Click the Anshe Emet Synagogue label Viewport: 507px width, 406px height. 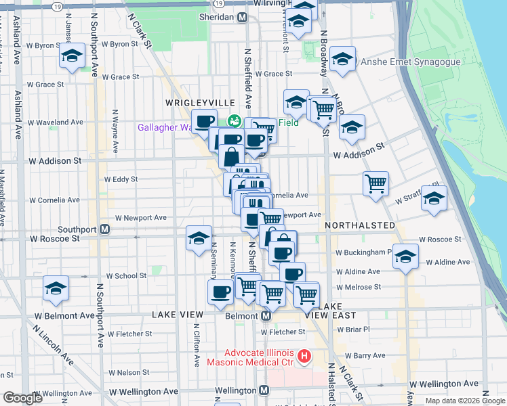(411, 62)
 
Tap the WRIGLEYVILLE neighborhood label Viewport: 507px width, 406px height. (191, 102)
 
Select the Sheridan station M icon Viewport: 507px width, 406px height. (242, 17)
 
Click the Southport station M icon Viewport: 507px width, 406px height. (105, 229)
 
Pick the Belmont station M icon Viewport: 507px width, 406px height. (266, 316)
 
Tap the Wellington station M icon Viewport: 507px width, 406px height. (264, 390)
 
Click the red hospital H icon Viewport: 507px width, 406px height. (304, 355)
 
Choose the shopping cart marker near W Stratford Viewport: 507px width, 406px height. (376, 183)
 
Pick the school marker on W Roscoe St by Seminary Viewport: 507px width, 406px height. (199, 238)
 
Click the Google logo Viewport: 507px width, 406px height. (23, 398)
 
